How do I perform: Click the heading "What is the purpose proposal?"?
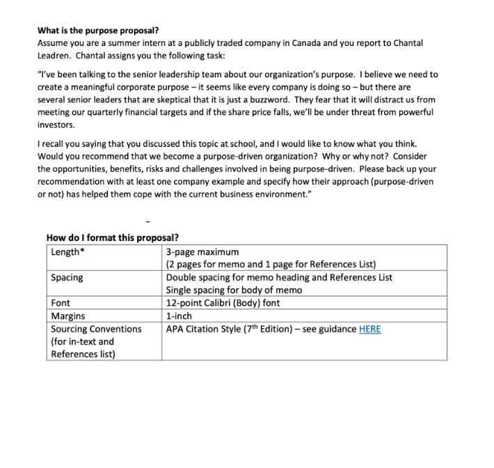98,31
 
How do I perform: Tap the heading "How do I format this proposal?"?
113,237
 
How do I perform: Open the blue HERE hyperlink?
369,329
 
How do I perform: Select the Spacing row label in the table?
67,277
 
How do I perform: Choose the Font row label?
61,303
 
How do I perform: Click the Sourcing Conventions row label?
96,329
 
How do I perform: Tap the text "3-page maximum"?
202,251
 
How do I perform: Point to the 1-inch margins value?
179,315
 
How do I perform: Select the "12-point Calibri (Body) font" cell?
223,303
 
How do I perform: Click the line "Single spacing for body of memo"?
234,290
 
